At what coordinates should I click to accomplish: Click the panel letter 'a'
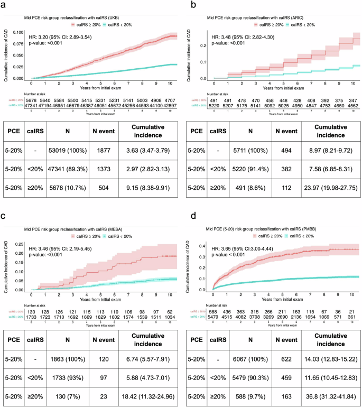point(5,5)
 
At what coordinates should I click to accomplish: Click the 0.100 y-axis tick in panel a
point(18,33)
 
